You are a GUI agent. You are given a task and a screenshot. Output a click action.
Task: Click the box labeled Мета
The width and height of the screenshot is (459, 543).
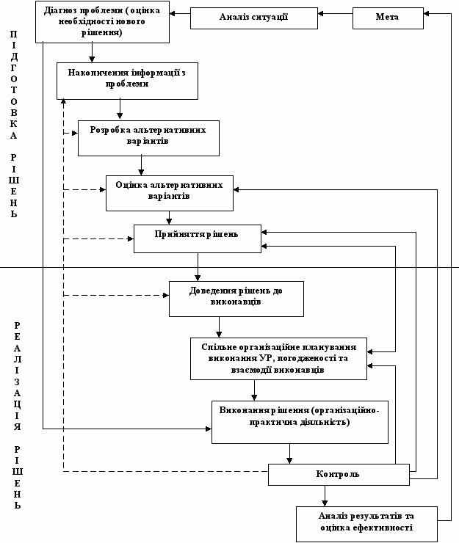pyautogui.click(x=388, y=18)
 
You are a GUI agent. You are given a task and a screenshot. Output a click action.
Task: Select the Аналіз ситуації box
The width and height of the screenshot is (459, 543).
pyautogui.click(x=254, y=18)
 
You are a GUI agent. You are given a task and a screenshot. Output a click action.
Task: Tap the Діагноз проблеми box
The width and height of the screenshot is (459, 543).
pyautogui.click(x=102, y=22)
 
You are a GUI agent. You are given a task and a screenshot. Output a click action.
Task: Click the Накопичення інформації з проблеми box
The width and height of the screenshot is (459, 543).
pyautogui.click(x=127, y=81)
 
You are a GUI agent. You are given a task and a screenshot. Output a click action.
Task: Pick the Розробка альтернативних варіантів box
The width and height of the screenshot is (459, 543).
pyautogui.click(x=148, y=138)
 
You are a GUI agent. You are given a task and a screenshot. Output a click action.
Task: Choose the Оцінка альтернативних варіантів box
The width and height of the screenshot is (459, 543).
pyautogui.click(x=170, y=193)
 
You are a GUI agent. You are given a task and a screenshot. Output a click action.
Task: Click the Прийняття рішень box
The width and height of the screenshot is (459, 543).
pyautogui.click(x=198, y=238)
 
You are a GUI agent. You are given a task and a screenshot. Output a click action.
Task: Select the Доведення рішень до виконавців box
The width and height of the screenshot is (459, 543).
pyautogui.click(x=236, y=299)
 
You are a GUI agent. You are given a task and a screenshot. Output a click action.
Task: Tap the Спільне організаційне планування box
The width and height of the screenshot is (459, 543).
pyautogui.click(x=278, y=359)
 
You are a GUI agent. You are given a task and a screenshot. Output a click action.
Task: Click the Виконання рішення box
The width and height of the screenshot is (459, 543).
pyautogui.click(x=300, y=422)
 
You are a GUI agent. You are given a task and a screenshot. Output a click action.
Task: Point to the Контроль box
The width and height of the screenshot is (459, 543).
pyautogui.click(x=339, y=475)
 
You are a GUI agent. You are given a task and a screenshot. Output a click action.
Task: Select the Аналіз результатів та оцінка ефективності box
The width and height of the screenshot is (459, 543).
pyautogui.click(x=366, y=525)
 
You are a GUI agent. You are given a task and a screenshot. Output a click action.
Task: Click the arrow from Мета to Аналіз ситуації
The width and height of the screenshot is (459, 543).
pyautogui.click(x=335, y=14)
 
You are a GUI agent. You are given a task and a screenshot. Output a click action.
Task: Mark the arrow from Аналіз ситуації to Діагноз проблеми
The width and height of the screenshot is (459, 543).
pyautogui.click(x=180, y=13)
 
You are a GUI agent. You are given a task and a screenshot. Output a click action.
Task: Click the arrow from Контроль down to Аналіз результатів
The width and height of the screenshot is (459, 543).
pyautogui.click(x=325, y=496)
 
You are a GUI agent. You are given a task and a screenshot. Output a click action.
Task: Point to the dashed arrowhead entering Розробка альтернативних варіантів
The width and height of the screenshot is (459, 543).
pyautogui.click(x=75, y=133)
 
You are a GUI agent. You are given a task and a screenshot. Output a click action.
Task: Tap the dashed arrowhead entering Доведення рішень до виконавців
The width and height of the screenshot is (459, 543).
pyautogui.click(x=166, y=296)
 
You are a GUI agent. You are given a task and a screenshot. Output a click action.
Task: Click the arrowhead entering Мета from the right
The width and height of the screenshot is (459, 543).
pyautogui.click(x=427, y=14)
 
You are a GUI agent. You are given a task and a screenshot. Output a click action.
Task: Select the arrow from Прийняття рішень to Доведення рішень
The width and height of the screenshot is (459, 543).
pyautogui.click(x=198, y=267)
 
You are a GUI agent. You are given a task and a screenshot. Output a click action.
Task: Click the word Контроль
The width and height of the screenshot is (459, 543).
pyautogui.click(x=337, y=474)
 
